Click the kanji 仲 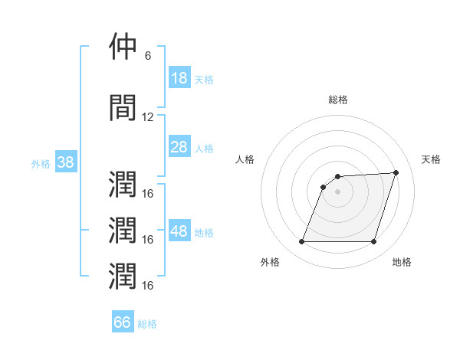pyautogui.click(x=123, y=46)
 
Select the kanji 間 pyautogui.click(x=123, y=107)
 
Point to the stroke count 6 pyautogui.click(x=148, y=56)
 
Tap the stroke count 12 pyautogui.click(x=147, y=117)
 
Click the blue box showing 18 pyautogui.click(x=179, y=77)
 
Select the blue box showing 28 pyautogui.click(x=179, y=146)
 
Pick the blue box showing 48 pyautogui.click(x=179, y=230)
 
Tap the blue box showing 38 pyautogui.click(x=66, y=162)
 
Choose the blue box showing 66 pyautogui.click(x=123, y=321)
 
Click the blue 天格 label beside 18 pyautogui.click(x=204, y=80)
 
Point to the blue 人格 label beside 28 pyautogui.click(x=204, y=149)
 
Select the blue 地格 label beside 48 pyautogui.click(x=204, y=233)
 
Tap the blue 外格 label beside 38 pyautogui.click(x=41, y=164)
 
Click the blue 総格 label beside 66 pyautogui.click(x=147, y=324)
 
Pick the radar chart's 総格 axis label pyautogui.click(x=338, y=100)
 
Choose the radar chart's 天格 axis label pyautogui.click(x=431, y=159)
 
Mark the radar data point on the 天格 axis pyautogui.click(x=396, y=172)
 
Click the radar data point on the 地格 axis pyautogui.click(x=374, y=241)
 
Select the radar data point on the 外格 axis pyautogui.click(x=301, y=241)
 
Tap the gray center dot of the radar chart pyautogui.click(x=337, y=191)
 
